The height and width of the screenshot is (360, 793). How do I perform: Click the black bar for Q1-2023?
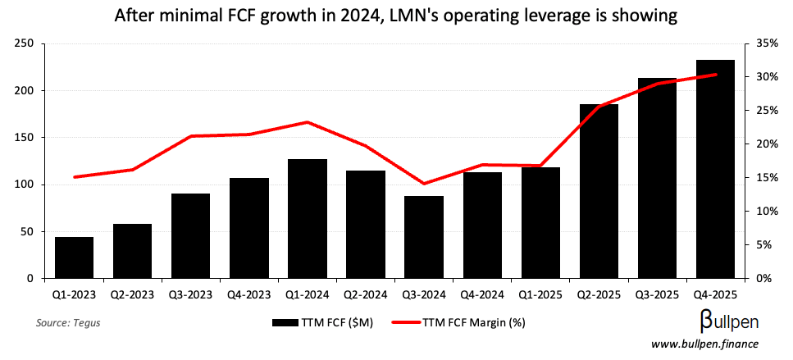(74, 257)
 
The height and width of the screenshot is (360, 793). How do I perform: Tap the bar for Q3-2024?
(424, 237)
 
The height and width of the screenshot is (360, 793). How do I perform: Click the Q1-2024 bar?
(308, 218)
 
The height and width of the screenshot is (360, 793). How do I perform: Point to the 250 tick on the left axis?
(23, 43)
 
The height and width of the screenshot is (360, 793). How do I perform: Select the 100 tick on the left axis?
(23, 185)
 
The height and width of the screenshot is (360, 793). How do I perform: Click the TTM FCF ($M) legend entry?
(324, 322)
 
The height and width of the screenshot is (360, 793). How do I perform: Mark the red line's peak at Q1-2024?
(307, 122)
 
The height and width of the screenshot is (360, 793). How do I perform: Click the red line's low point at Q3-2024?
(424, 184)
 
